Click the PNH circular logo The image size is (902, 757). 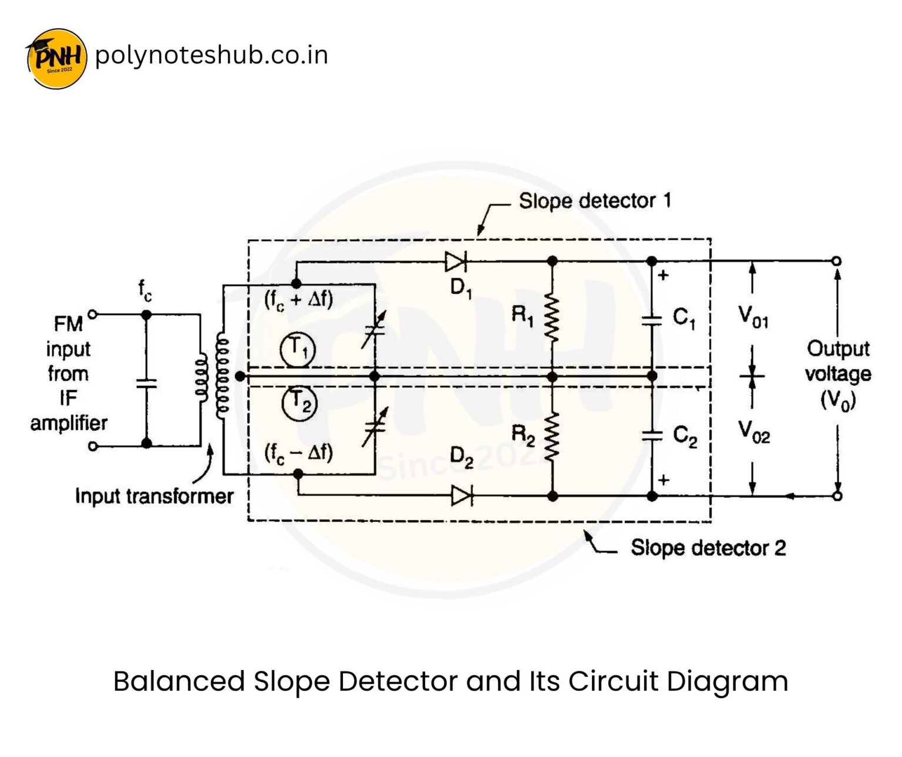[x=56, y=58]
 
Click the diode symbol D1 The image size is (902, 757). [x=455, y=261]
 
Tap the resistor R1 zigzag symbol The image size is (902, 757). [x=552, y=318]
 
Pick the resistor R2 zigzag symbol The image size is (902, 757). [x=552, y=436]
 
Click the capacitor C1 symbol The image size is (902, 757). [x=652, y=320]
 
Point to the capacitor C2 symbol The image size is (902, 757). [x=652, y=436]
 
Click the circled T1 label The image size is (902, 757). [x=298, y=349]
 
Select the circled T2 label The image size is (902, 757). [x=299, y=403]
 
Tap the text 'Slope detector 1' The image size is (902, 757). [x=594, y=201]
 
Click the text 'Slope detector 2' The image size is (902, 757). [x=708, y=548]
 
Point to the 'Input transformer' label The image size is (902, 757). [x=154, y=496]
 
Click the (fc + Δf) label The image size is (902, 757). [x=299, y=300]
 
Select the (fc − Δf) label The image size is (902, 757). [x=299, y=453]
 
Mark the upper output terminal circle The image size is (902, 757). [x=837, y=261]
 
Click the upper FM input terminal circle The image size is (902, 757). [x=92, y=314]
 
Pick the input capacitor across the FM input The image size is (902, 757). [x=146, y=383]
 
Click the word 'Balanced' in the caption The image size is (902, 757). [x=179, y=682]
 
